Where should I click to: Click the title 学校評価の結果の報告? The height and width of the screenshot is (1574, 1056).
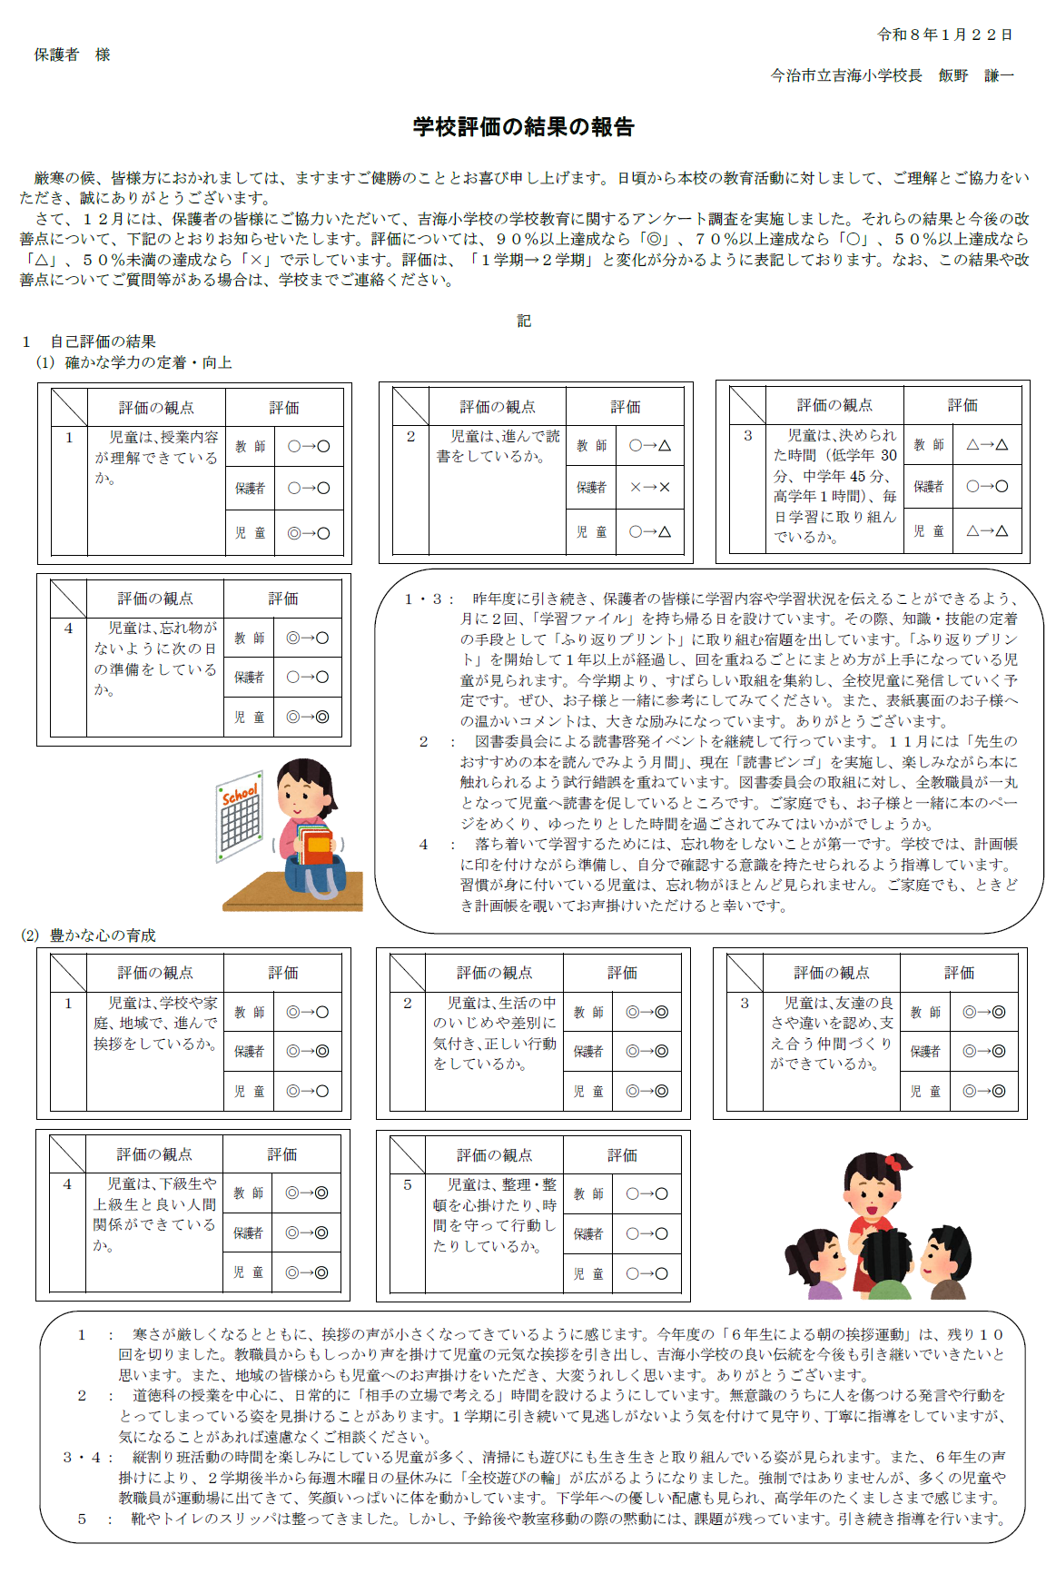[x=523, y=127]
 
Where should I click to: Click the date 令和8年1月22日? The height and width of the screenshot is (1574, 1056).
[x=944, y=35]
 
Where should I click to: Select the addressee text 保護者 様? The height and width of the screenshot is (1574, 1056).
[x=73, y=54]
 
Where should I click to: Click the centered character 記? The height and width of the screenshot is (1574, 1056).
[x=524, y=321]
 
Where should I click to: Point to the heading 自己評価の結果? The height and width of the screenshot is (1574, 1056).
[x=103, y=342]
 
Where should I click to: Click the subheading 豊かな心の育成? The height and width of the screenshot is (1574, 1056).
[x=103, y=935]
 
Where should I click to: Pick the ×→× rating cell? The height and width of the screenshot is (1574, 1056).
[x=649, y=488]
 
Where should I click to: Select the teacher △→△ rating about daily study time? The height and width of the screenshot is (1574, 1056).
[x=986, y=445]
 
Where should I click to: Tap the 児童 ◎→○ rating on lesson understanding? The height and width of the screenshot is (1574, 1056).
[x=309, y=533]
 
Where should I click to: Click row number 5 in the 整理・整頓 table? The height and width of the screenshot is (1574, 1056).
[x=408, y=1184]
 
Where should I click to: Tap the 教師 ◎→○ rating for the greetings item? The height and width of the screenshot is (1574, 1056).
[x=307, y=1012]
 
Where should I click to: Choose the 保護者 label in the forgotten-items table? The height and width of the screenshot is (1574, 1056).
[x=249, y=678]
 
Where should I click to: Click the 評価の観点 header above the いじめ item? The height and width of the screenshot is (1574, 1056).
[x=494, y=973]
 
